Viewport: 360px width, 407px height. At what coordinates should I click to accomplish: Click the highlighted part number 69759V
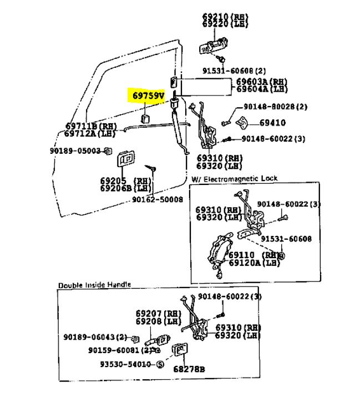coord(148,96)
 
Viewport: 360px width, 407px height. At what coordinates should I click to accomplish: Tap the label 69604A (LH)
coord(262,89)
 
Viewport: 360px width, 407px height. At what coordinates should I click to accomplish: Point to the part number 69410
coord(273,123)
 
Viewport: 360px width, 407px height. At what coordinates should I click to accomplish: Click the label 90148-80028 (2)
coord(276,107)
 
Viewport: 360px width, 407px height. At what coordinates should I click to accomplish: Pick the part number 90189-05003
coord(75,150)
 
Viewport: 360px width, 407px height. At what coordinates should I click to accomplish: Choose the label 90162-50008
coord(157,199)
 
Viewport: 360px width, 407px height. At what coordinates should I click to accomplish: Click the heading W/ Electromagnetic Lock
coord(235,179)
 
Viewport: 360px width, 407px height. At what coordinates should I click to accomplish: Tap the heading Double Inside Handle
coord(94,285)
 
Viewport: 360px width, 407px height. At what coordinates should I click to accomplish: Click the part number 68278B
coord(189,369)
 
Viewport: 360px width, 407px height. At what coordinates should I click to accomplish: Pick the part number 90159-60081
coord(115,350)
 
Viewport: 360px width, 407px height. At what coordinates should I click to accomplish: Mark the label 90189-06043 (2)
coord(95,337)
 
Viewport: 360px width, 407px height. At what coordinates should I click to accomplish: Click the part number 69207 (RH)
coord(151,314)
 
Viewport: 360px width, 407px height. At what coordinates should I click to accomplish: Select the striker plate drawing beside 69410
coord(242,123)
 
